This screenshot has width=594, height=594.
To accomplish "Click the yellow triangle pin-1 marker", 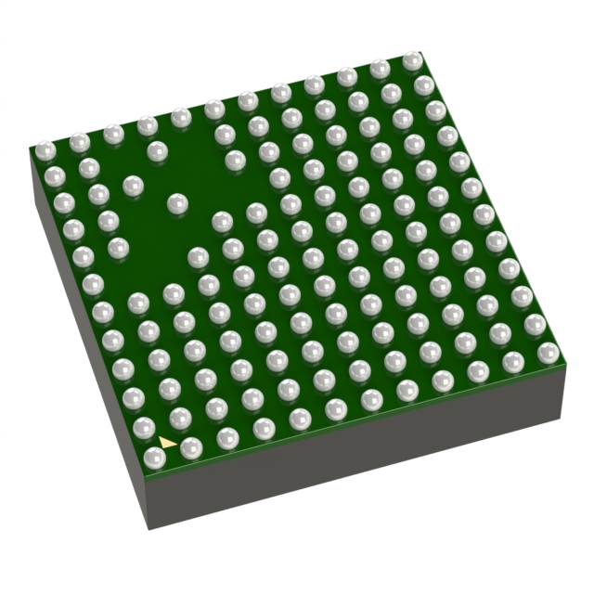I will click(167, 442).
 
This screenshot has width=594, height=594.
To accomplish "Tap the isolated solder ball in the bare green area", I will click(174, 202).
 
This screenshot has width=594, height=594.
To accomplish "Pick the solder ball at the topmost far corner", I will click(412, 60).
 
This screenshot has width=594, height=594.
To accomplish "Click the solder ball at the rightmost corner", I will click(549, 352).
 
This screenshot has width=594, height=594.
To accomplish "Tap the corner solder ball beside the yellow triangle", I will click(155, 458).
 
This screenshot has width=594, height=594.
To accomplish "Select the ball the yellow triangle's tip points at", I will click(191, 448).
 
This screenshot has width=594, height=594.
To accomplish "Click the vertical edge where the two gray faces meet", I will click(148, 497).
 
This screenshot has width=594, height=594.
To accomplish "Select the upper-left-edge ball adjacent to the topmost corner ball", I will click(379, 69).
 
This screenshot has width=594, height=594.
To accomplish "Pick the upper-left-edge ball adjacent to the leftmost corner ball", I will click(80, 142).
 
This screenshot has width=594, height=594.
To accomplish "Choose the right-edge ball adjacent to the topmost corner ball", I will click(423, 85).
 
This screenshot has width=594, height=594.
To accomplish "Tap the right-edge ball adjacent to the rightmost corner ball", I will click(535, 325).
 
